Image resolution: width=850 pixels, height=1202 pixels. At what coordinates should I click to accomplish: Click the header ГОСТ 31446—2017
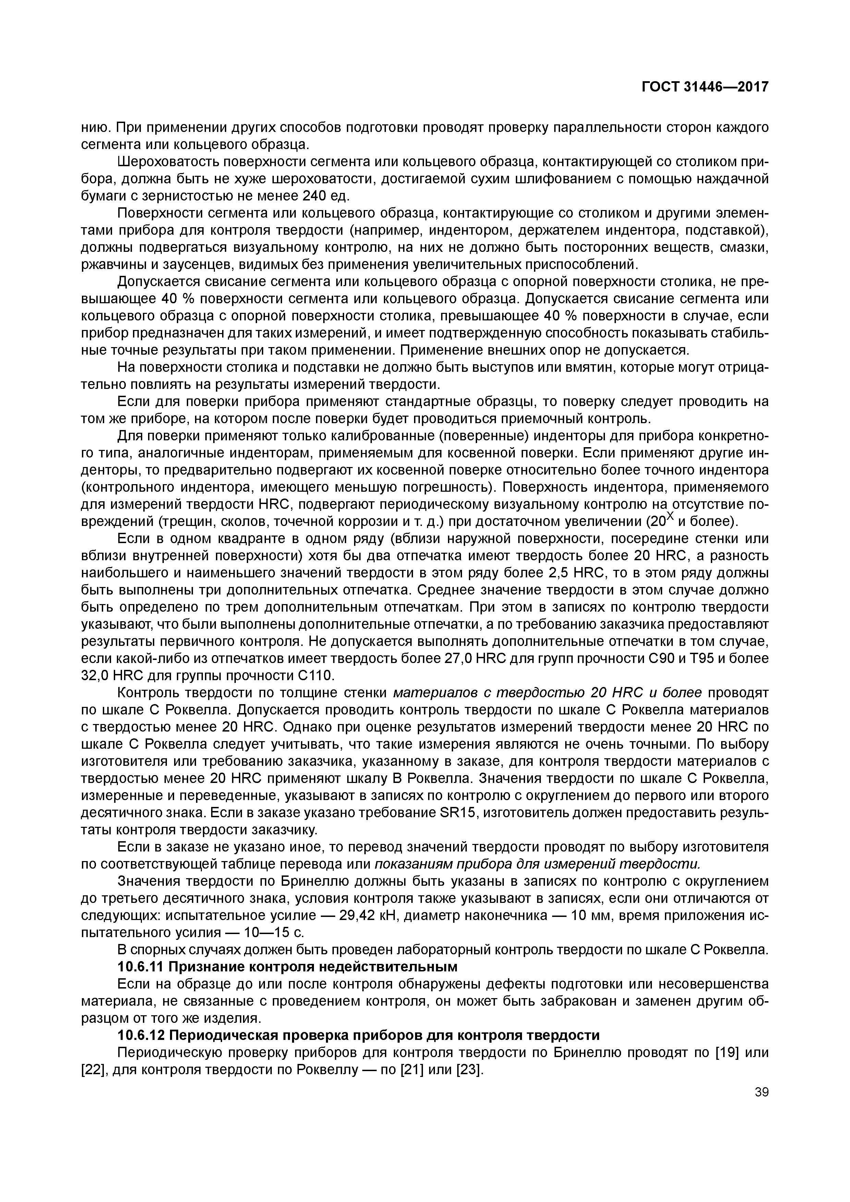pos(705,87)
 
